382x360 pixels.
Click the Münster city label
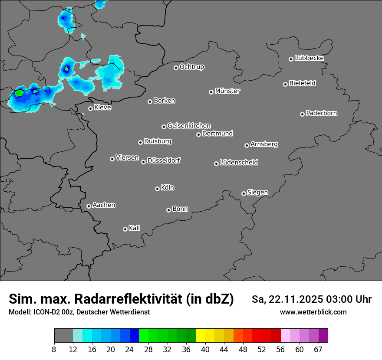(227, 91)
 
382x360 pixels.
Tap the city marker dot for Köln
(157, 189)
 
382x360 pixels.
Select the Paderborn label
(321, 113)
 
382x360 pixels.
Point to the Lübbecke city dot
(291, 59)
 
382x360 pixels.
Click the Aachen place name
(104, 205)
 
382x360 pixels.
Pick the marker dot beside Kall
(125, 229)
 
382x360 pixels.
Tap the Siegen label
(257, 193)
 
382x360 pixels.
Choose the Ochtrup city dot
(176, 68)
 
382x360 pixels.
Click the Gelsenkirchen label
(189, 126)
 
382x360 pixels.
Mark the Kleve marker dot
(90, 108)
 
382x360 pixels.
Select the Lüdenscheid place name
(239, 163)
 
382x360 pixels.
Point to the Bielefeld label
(302, 83)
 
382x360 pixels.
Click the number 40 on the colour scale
(205, 349)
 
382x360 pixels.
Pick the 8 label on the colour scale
(54, 349)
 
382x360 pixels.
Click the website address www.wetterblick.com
(313, 312)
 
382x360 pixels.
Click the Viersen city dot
(112, 159)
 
